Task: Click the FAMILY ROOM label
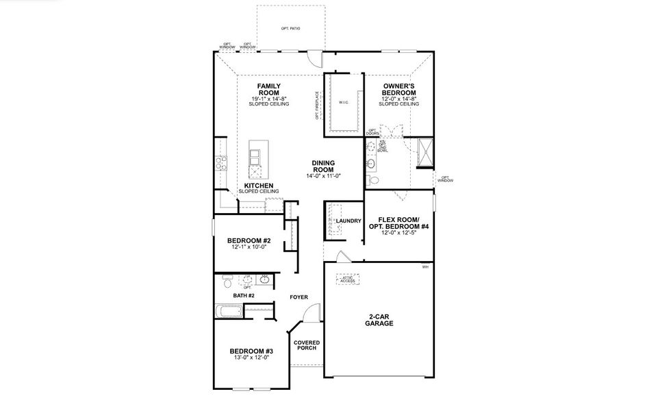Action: pos(269,90)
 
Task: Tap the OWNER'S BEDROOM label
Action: pos(399,90)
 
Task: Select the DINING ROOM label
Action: pos(323,166)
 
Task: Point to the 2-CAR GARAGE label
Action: pos(379,321)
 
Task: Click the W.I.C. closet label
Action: pos(344,103)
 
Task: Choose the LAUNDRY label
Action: pos(348,221)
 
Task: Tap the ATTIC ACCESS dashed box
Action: pos(348,279)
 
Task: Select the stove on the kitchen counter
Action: pos(221,163)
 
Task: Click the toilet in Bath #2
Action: pos(227,279)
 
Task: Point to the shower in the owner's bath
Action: pos(424,151)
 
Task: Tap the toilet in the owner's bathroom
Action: pos(371,180)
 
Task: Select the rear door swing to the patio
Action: pos(313,58)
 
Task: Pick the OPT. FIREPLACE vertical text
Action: pos(317,105)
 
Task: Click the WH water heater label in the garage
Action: pos(425,266)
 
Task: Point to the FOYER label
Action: pos(299,297)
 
